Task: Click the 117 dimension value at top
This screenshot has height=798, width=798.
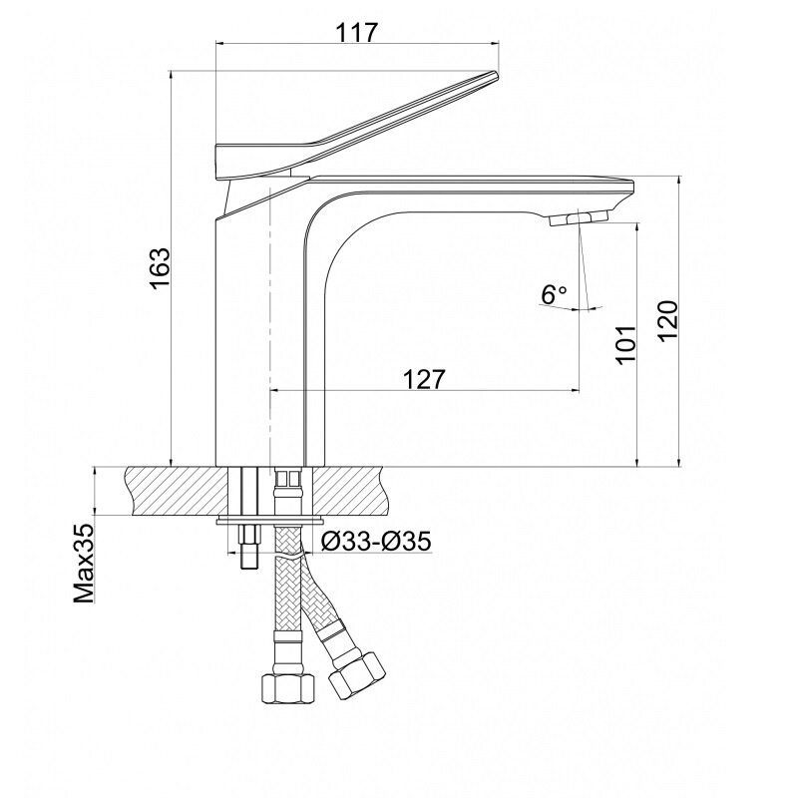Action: (356, 33)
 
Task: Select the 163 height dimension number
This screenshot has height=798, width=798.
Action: (160, 268)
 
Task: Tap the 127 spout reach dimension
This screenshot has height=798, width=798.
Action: (424, 379)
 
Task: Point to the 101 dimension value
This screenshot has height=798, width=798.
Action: (626, 344)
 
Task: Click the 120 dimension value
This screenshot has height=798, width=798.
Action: (667, 321)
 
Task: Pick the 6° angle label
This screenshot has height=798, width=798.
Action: (554, 294)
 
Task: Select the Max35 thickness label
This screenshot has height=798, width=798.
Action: (84, 564)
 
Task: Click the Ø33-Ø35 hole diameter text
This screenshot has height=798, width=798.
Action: (376, 541)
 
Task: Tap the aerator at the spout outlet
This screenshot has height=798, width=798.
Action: (579, 217)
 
